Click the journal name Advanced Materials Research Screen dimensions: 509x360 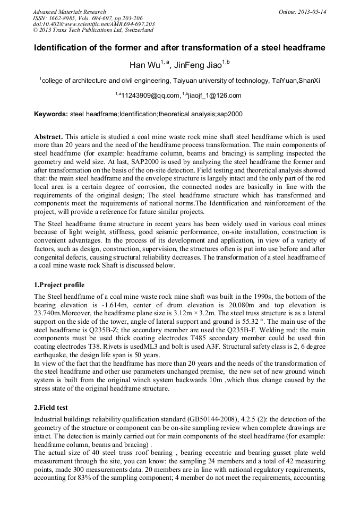69,12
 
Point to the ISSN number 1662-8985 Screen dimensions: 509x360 61,18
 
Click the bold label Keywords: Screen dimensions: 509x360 51,114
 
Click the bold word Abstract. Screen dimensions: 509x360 48,137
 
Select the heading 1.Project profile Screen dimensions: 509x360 59,285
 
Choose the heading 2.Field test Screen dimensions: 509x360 52,407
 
